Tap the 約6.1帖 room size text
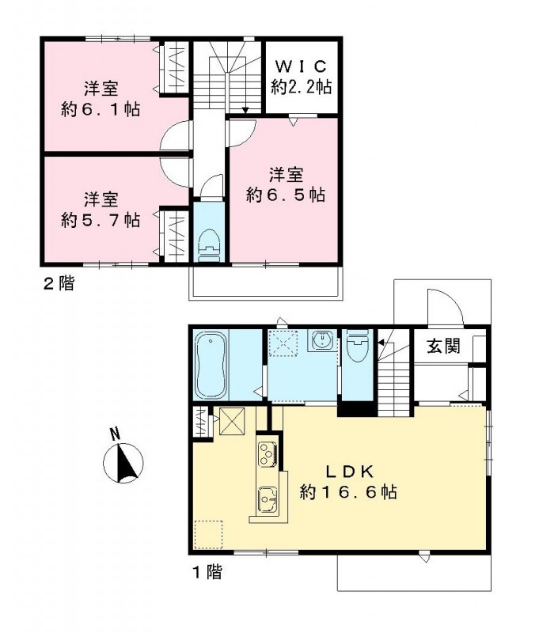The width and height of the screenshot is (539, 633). pyautogui.click(x=101, y=109)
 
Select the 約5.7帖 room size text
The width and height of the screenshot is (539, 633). pyautogui.click(x=101, y=219)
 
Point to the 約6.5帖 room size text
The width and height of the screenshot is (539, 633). pyautogui.click(x=286, y=195)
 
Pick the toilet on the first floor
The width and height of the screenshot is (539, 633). pyautogui.click(x=357, y=346)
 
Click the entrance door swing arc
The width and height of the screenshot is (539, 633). pyautogui.click(x=439, y=304)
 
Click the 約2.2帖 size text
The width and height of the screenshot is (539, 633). pyautogui.click(x=301, y=88)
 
